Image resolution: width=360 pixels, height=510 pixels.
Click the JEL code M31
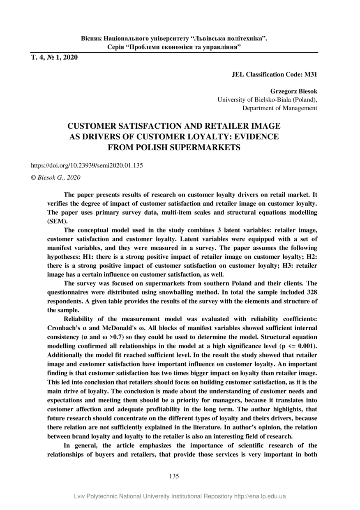[310, 75]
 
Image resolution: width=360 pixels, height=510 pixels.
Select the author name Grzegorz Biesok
[293, 91]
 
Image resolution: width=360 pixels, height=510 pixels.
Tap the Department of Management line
[279, 108]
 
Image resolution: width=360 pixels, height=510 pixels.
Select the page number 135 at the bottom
[174, 476]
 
